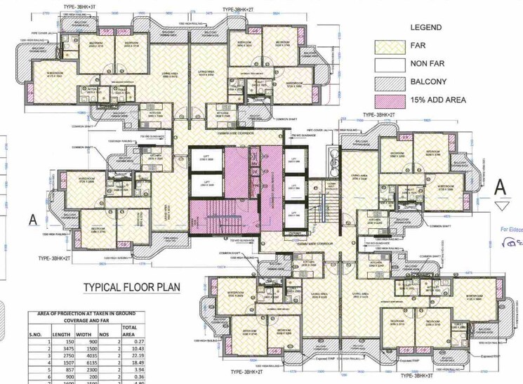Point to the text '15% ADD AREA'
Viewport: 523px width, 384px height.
pos(437,100)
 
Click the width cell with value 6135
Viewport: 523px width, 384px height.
pos(84,366)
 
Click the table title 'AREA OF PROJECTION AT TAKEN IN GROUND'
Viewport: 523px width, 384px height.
pos(82,313)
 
